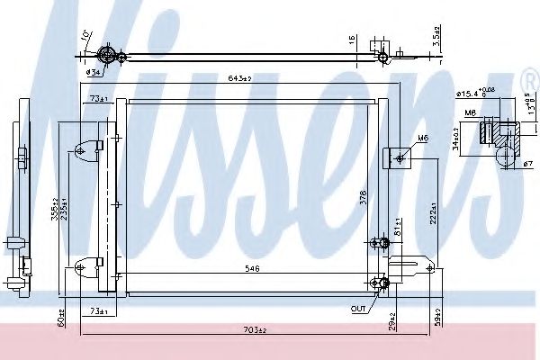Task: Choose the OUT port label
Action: pos(359,309)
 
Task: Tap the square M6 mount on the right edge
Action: pos(398,157)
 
